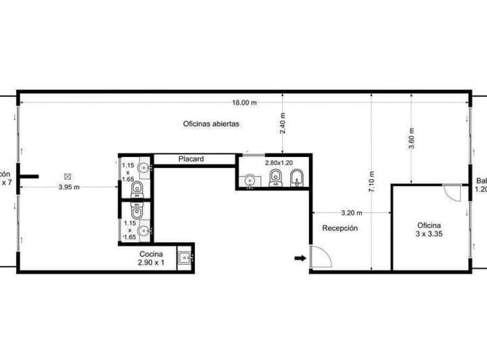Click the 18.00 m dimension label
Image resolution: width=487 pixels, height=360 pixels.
click(x=244, y=104)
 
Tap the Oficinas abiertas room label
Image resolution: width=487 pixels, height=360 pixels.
click(x=211, y=124)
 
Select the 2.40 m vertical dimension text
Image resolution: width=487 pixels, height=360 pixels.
click(x=283, y=122)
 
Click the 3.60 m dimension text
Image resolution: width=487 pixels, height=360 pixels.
click(x=411, y=139)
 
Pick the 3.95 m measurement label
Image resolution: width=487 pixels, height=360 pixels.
click(x=69, y=187)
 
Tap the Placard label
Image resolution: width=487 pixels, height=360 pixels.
click(x=191, y=160)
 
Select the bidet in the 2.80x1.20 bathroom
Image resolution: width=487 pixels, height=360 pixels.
click(x=296, y=178)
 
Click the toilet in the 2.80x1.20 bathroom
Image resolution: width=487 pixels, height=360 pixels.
click(x=275, y=177)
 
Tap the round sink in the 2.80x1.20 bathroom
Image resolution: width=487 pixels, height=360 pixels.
click(x=250, y=181)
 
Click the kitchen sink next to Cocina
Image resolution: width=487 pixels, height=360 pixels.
click(x=185, y=258)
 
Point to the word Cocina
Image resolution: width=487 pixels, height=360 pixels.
click(x=151, y=254)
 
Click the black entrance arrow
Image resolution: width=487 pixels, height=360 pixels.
click(x=300, y=258)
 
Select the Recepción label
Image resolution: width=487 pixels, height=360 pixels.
click(x=340, y=229)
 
